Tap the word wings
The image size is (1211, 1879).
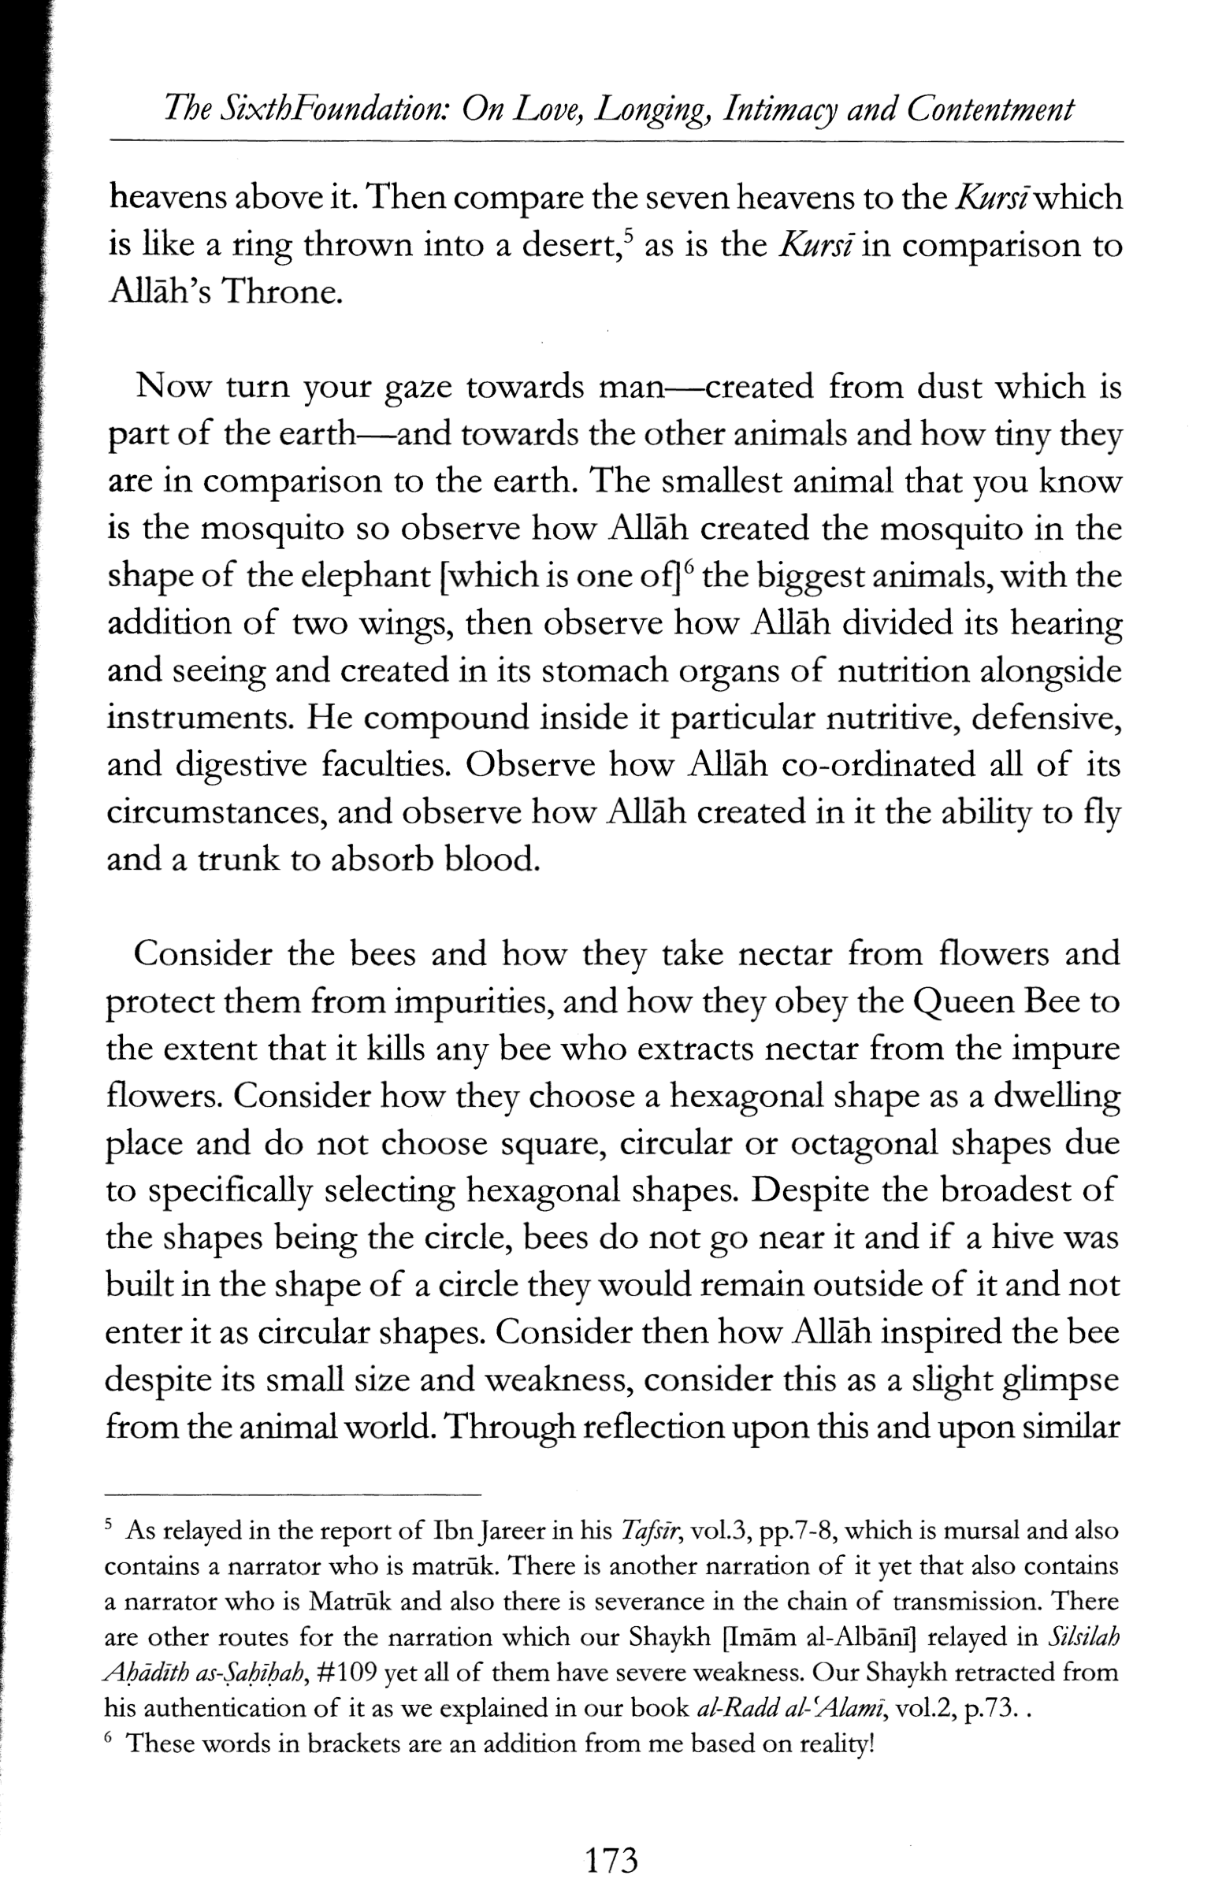(x=407, y=624)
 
